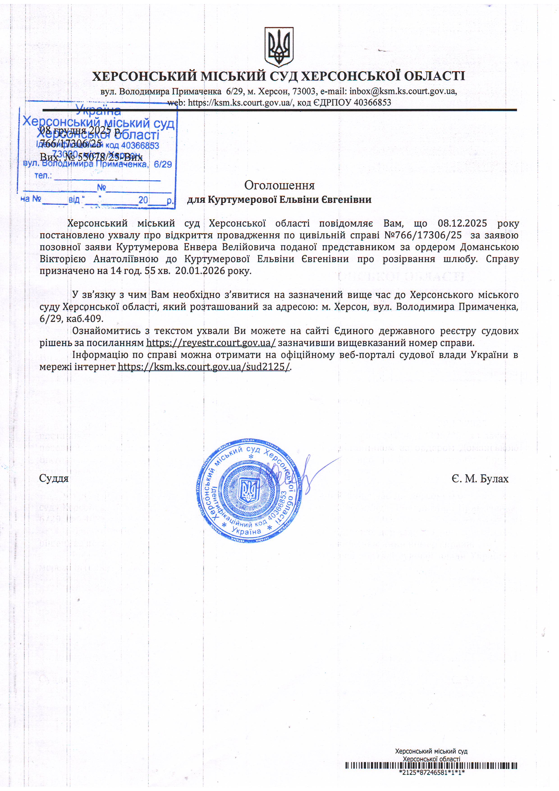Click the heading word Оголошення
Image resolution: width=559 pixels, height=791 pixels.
pos(279,185)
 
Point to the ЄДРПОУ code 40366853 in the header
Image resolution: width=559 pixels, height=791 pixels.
pos(372,102)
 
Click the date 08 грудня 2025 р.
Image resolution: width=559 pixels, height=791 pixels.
pos(81,130)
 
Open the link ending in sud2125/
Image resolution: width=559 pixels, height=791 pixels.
pos(204,367)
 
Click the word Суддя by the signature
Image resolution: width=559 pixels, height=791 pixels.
pos(54,478)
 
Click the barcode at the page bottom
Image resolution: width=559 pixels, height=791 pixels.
pos(431,766)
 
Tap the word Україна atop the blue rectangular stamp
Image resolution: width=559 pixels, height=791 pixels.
pos(98,110)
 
